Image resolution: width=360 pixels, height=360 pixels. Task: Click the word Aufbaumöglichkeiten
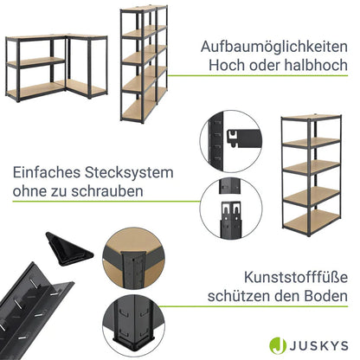tap(274, 47)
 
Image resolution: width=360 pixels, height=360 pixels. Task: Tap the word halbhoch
tap(316, 65)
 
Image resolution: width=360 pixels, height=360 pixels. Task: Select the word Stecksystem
tap(129, 173)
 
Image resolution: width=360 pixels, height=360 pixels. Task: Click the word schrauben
tap(107, 190)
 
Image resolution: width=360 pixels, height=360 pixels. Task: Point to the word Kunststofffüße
tap(296, 277)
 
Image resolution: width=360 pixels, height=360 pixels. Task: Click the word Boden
tap(324, 296)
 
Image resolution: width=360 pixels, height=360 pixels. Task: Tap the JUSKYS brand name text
tap(318, 345)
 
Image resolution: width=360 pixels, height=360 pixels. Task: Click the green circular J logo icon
tap(278, 345)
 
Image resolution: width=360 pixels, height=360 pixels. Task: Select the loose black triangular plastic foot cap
tap(68, 249)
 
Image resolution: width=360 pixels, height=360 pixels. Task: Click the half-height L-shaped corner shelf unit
tap(56, 67)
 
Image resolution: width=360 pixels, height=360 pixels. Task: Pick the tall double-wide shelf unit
tap(144, 64)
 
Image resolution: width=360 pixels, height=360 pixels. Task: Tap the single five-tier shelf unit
tap(312, 176)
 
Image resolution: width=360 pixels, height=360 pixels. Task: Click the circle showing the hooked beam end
tap(231, 142)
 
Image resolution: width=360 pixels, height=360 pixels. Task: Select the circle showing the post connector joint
tap(231, 208)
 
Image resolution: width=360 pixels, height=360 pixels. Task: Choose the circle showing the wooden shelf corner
tap(134, 259)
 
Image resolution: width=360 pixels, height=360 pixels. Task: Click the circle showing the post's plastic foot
tap(134, 326)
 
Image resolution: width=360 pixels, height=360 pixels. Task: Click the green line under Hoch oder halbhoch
tap(258, 76)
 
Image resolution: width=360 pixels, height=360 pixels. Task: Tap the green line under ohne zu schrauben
tap(106, 201)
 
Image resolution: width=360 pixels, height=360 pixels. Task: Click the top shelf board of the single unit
tap(312, 117)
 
